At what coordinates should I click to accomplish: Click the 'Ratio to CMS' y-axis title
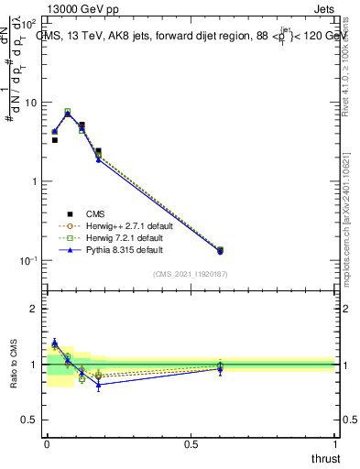pyautogui.click(x=12, y=365)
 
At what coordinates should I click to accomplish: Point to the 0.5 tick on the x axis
pyautogui.click(x=191, y=444)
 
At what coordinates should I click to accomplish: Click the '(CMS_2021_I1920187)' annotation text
pyautogui.click(x=191, y=274)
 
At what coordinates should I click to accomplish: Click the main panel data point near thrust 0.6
pyautogui.click(x=220, y=250)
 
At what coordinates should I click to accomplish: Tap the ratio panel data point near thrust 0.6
pyautogui.click(x=220, y=367)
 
